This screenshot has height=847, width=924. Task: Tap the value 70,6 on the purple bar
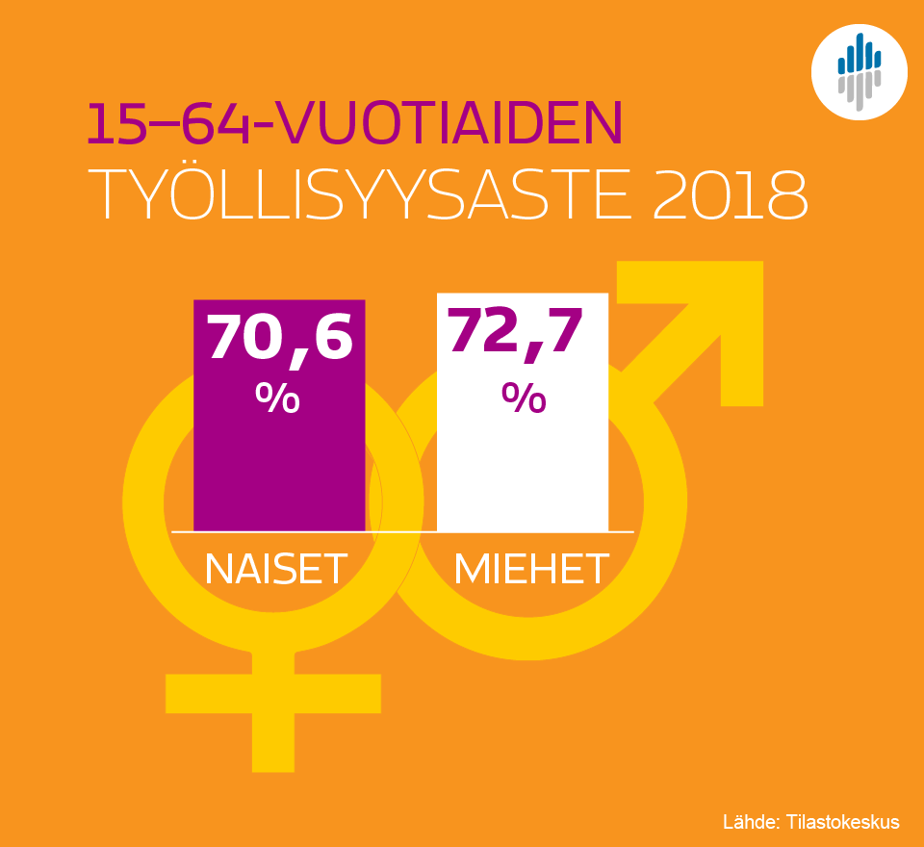click(279, 336)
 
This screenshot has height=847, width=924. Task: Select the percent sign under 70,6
click(277, 398)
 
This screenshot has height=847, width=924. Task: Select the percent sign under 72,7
click(524, 398)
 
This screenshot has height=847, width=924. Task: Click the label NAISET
click(276, 570)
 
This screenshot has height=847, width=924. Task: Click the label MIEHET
click(531, 570)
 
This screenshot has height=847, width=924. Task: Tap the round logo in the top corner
click(860, 71)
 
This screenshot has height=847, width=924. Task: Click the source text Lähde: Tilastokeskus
click(810, 822)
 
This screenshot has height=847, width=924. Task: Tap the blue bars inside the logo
click(859, 56)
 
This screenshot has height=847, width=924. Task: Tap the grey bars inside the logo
click(860, 90)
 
